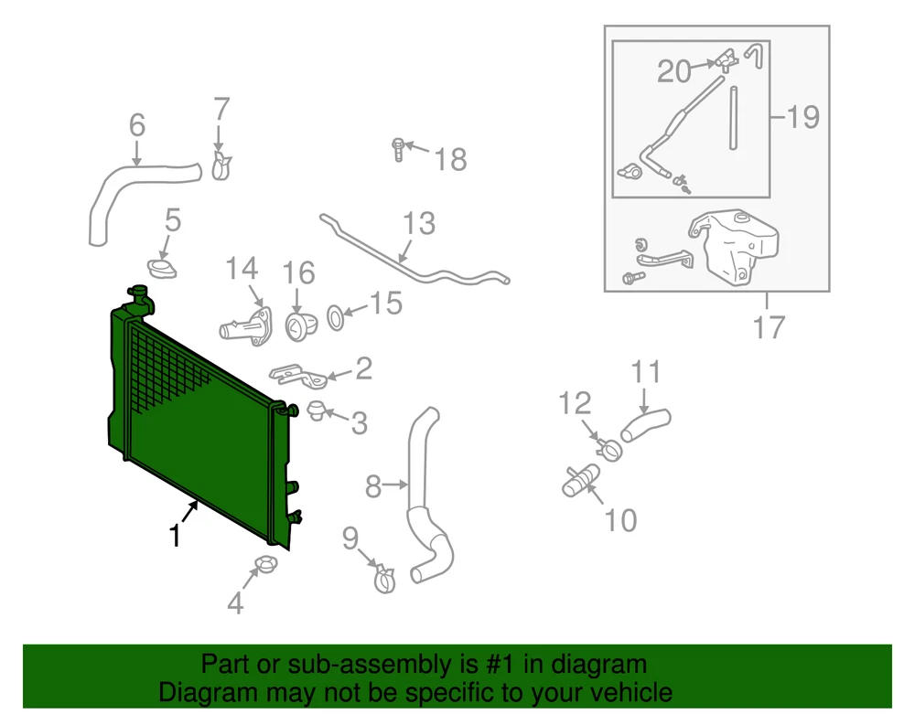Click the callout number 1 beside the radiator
[174, 536]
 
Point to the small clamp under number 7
[221, 166]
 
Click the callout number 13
[419, 224]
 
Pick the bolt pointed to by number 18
[398, 149]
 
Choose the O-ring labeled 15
[335, 317]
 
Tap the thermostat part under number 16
[300, 326]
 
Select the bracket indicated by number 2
[297, 374]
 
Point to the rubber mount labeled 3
[315, 410]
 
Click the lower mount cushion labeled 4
[266, 564]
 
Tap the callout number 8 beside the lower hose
[373, 486]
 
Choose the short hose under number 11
[645, 425]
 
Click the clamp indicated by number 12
[609, 449]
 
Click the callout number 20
[673, 71]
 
